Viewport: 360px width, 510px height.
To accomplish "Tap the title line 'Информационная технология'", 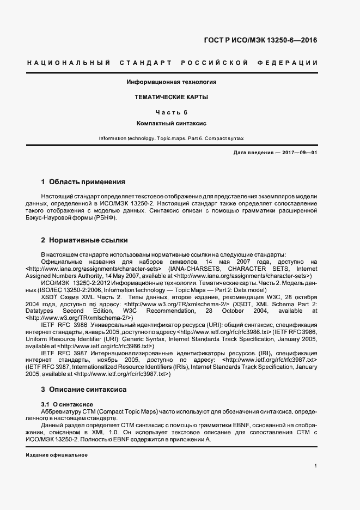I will (171, 82).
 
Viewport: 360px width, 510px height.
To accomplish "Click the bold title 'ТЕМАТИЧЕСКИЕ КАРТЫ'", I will (171, 97).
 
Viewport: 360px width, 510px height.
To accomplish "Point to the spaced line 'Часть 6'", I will (171, 112).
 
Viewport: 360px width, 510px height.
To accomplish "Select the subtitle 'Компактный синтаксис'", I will (171, 124).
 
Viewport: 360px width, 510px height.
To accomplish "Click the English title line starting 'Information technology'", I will (171, 139).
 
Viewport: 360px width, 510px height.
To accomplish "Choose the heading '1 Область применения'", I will (83, 181).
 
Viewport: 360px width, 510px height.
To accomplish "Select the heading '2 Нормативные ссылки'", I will (84, 240).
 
